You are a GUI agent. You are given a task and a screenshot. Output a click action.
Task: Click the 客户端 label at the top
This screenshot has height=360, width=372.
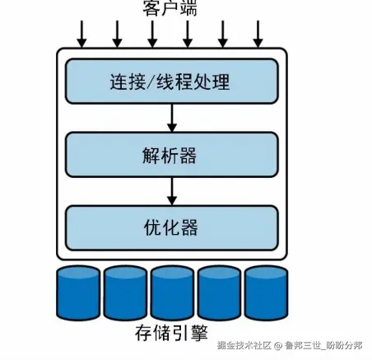coord(170,9)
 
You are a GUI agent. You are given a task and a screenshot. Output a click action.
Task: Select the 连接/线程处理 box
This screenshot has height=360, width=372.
coord(170,82)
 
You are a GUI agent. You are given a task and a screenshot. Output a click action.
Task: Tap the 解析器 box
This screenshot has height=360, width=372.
coord(170,154)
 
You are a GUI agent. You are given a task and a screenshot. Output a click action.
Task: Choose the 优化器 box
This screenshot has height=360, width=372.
coord(170,225)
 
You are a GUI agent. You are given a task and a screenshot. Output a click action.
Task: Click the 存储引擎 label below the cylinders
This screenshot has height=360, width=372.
coord(170,334)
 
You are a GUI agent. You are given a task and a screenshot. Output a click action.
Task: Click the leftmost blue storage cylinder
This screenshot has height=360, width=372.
coord(77,292)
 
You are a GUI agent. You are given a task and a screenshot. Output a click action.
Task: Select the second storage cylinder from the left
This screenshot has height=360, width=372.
coord(124,292)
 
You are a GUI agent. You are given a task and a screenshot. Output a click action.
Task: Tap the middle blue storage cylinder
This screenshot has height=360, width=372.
coord(171,292)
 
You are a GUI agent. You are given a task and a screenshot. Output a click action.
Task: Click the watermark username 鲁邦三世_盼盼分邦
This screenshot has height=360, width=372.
coord(322,345)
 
